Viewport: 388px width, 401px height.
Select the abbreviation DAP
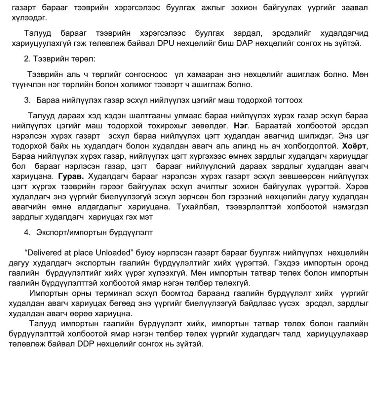coord(245,43)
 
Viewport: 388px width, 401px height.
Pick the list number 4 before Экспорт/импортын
coord(27,232)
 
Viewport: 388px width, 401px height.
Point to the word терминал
coord(127,293)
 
